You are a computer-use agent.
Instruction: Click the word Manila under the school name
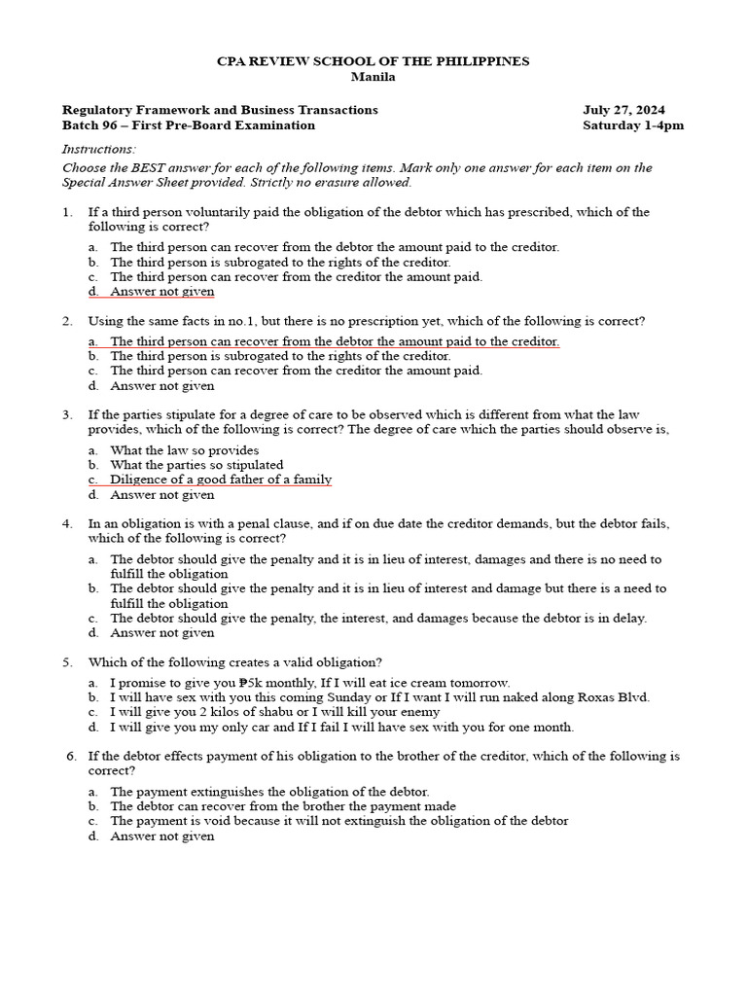[373, 77]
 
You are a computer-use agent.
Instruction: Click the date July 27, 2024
[623, 110]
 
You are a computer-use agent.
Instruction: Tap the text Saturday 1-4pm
[633, 125]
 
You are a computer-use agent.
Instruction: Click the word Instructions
[99, 149]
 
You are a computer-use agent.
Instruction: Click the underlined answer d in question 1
[161, 292]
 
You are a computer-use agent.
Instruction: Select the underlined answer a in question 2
[334, 341]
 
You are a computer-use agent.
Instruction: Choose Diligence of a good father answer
[221, 480]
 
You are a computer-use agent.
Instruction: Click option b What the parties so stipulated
[196, 465]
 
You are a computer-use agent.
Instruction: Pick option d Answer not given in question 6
[161, 836]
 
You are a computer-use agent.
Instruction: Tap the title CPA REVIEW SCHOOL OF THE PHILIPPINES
[373, 61]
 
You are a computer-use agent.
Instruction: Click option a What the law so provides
[184, 450]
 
